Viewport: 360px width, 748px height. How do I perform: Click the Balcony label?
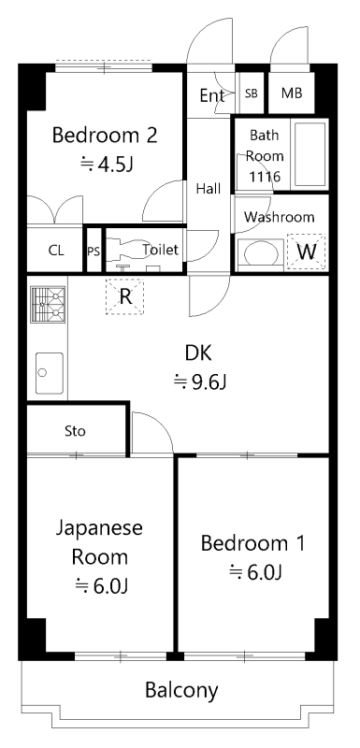tap(181, 691)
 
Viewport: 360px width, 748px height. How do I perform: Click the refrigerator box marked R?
tap(124, 296)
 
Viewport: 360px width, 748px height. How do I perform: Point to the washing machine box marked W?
tap(306, 252)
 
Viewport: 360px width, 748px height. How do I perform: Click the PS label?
tap(93, 251)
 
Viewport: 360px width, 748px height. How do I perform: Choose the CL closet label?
tap(56, 251)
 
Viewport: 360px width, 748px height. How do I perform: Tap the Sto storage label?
tap(75, 431)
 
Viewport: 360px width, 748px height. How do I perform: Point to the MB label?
tap(292, 93)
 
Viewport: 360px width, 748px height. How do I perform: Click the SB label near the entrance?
tap(252, 93)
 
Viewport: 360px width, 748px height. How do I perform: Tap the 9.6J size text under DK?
tap(201, 381)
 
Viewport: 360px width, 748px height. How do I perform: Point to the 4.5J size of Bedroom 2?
tap(106, 165)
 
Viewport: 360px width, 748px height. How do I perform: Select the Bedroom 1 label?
tap(253, 542)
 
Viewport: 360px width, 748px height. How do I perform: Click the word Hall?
tap(209, 188)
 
